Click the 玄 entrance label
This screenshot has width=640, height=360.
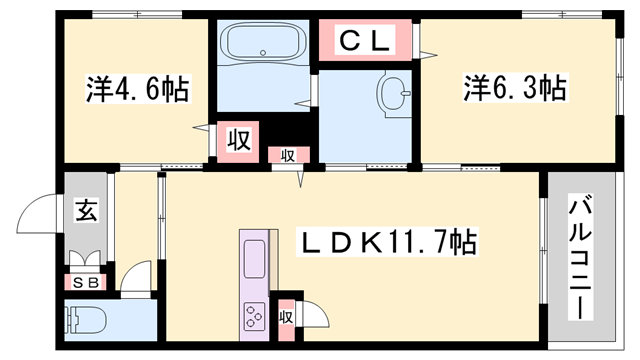point(85,211)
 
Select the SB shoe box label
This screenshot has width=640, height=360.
point(87,282)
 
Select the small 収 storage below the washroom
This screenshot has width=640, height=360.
point(287,155)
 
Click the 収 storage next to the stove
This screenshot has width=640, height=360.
point(285,317)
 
